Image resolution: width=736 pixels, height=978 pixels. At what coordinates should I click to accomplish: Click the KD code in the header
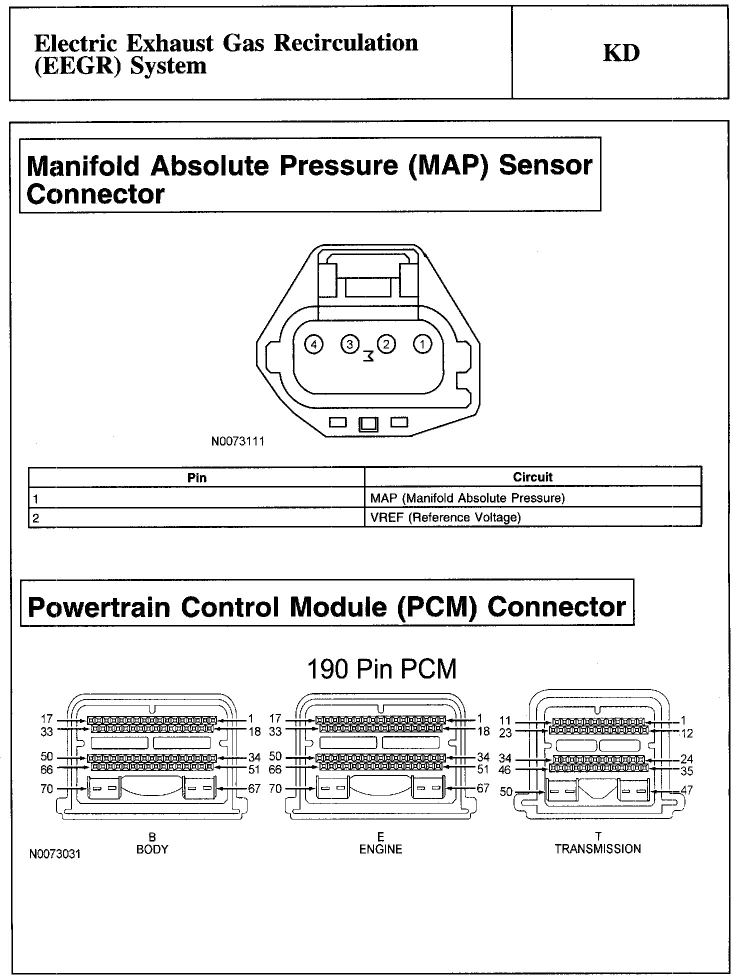coord(621,53)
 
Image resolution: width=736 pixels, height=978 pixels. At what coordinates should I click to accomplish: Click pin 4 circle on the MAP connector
coord(314,344)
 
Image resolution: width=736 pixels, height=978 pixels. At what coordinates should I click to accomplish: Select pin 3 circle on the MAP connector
coord(350,344)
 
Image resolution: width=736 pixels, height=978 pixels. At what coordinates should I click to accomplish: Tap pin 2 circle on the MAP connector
coord(386,344)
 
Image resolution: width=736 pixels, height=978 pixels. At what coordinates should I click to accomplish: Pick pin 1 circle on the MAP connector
coord(422,344)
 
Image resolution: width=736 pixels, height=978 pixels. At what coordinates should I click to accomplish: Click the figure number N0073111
coord(237,441)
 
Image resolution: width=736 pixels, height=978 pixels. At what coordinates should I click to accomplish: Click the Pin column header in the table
coord(196,477)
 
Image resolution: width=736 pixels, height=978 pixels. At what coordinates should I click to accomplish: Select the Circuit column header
coord(532,477)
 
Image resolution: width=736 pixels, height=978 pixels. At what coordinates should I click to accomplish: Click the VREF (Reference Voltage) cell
coord(445,517)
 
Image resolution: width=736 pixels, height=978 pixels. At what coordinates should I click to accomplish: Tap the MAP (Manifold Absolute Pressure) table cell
coord(467,498)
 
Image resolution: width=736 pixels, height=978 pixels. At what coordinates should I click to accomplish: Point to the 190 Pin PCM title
coord(381,669)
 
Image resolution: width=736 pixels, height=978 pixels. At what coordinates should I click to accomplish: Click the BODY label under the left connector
coord(152,849)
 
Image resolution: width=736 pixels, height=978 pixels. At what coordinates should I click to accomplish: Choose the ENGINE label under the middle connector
coord(380,849)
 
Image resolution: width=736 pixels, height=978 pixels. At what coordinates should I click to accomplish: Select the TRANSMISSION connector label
coord(597,848)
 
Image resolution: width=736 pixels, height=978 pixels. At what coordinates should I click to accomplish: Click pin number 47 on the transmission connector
coord(686,790)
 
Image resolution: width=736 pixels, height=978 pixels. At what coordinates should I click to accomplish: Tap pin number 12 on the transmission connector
coord(686,733)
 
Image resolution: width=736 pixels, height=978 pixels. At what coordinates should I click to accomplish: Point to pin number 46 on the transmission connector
coord(505,770)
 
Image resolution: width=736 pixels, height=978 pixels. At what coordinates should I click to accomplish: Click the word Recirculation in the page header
coord(346,43)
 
